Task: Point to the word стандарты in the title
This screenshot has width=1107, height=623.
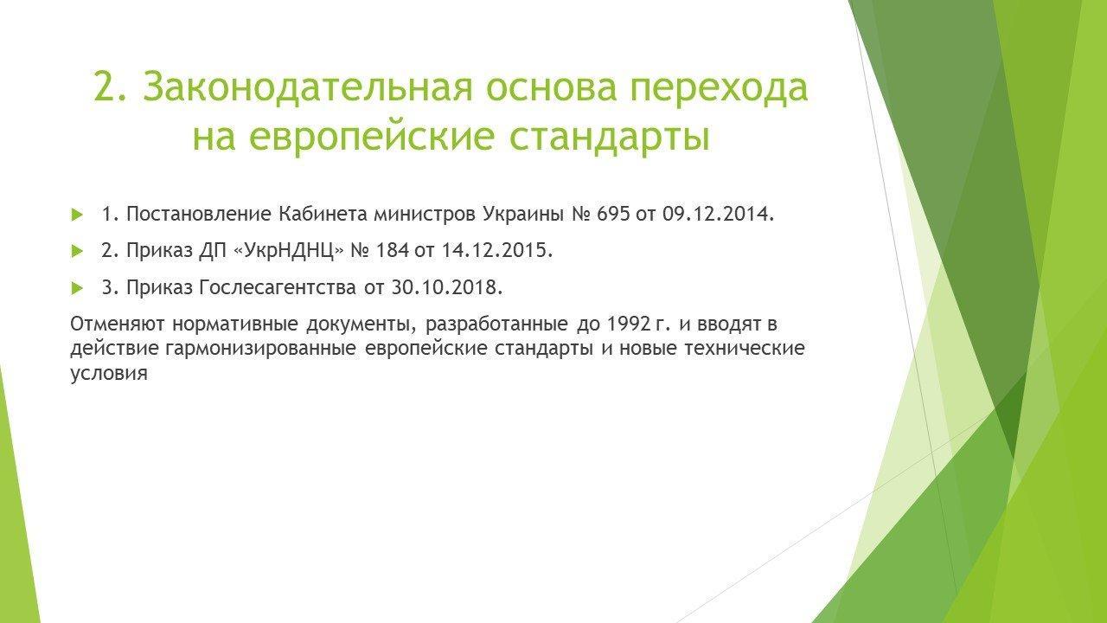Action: (x=610, y=138)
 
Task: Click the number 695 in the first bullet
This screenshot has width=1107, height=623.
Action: (x=613, y=214)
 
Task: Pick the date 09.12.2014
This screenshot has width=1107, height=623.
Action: (x=718, y=214)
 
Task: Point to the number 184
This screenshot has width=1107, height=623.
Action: (x=393, y=251)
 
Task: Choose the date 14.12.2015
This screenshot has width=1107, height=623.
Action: (x=496, y=251)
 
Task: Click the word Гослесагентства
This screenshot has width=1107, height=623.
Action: (x=278, y=287)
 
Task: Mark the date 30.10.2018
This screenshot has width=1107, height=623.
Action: (x=447, y=287)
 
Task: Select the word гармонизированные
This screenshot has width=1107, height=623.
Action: (x=261, y=349)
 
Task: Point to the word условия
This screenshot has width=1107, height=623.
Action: (x=109, y=373)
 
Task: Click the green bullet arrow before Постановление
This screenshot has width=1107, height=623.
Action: (x=77, y=215)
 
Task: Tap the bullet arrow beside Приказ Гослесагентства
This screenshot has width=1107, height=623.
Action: (x=77, y=288)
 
